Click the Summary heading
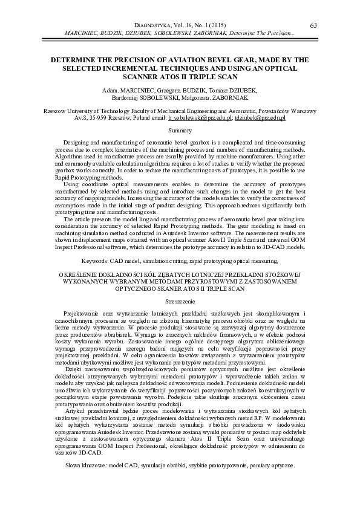(x=180, y=131)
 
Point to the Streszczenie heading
(x=180, y=300)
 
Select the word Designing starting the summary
(x=77, y=141)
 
